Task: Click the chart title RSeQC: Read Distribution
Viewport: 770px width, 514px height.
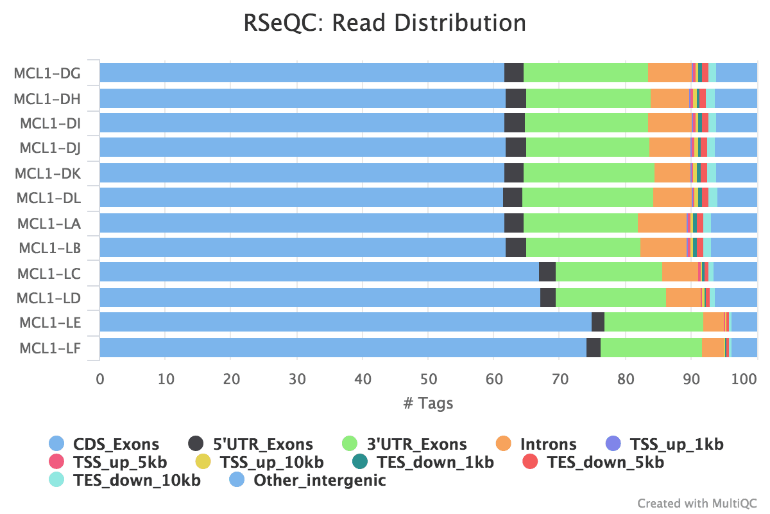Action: pos(385,23)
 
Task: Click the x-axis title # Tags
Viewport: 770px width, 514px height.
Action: pos(428,403)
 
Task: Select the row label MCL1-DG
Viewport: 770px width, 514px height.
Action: pos(47,73)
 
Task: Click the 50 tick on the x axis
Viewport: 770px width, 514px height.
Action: pos(428,379)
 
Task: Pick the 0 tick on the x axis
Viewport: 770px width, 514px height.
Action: pos(100,379)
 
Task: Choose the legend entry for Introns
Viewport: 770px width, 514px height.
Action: pos(548,444)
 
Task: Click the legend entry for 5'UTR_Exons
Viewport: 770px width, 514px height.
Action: pos(262,444)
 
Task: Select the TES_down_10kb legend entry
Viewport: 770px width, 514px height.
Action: pos(137,480)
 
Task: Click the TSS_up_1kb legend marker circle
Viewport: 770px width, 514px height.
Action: pos(614,444)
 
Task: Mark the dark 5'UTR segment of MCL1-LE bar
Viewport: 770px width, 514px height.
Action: pos(597,323)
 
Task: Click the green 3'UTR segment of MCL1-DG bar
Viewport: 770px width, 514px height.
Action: pos(585,73)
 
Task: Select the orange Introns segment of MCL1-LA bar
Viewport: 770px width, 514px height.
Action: pos(662,223)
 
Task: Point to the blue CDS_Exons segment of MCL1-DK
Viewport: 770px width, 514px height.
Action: pos(302,173)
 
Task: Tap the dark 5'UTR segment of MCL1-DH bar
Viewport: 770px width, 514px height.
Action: pos(515,98)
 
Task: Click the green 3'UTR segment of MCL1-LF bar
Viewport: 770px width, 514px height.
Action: pos(651,348)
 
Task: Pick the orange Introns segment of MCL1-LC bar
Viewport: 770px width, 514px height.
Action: pos(680,272)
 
